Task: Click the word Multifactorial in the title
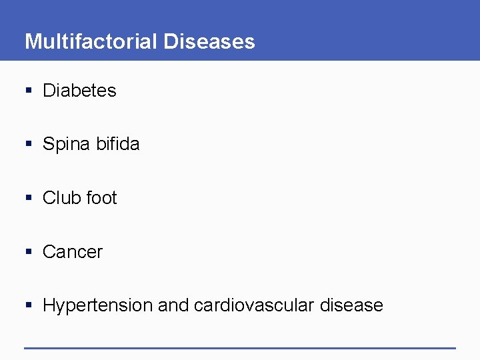pos(91,41)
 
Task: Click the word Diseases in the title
pos(209,41)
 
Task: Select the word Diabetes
pos(79,91)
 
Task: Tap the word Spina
pos(65,144)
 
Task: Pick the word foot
pos(101,198)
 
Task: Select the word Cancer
pos(73,252)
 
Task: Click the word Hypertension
pos(97,306)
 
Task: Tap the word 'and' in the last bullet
pos(173,306)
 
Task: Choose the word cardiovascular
pos(254,306)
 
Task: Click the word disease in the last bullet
pos(351,306)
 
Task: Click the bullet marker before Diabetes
pos(28,91)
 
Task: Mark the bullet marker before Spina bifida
pos(28,145)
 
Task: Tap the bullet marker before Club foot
pos(28,199)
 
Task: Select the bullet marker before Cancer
pos(28,253)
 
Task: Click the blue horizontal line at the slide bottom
pos(240,347)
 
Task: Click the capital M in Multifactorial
pos(32,41)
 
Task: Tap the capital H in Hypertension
pos(49,305)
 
